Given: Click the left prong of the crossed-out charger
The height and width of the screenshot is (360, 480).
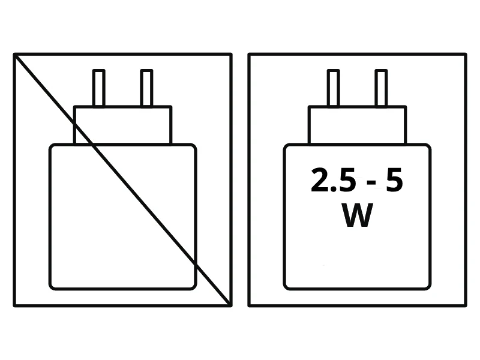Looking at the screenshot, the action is coord(99,88).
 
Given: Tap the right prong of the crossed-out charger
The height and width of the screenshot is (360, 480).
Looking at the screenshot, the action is coord(146,88).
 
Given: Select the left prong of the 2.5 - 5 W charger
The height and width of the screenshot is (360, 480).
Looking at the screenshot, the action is coord(334,88).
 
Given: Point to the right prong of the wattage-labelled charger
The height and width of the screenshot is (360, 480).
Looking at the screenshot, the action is coord(381,88).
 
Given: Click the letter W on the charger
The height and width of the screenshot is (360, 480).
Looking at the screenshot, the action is coord(357,215).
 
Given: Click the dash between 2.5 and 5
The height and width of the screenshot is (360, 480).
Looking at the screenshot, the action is coord(371,183).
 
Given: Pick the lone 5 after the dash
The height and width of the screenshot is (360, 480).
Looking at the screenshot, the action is coord(394,180).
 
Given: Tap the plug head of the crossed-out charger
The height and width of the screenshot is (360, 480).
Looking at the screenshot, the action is coord(123,125).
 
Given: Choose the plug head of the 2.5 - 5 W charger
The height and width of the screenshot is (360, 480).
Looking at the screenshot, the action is coord(357,125).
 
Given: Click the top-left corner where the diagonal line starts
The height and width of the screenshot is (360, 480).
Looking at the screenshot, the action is coord(14,55).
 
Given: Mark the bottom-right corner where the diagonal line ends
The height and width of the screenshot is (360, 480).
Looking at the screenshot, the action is coord(230,305).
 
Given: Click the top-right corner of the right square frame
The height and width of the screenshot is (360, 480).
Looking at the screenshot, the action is coord(466,55).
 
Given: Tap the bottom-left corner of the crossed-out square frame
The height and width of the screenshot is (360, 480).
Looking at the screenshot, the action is coord(14,305).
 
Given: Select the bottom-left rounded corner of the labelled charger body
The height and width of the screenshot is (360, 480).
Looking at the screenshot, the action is coord(287,286).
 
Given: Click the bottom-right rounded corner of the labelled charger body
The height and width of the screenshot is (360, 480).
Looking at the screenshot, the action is coord(428,286).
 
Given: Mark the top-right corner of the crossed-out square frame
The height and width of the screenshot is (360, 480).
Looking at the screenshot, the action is coord(231,55).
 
